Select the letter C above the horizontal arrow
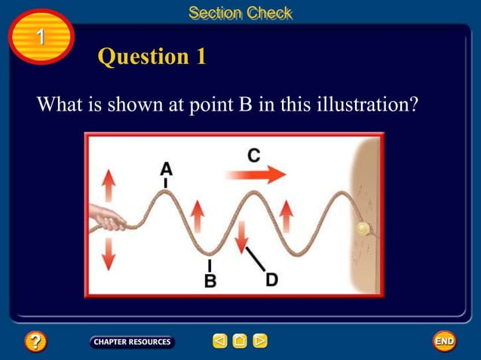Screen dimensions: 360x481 click(x=254, y=156)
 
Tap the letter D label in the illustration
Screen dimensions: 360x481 click(x=271, y=279)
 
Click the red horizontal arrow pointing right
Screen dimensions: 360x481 click(x=256, y=175)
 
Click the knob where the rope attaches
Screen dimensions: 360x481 click(x=363, y=228)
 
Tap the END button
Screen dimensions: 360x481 click(x=444, y=341)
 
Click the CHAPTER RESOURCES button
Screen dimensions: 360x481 click(x=132, y=342)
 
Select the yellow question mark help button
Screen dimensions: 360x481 click(x=35, y=342)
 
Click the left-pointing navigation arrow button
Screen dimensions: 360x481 click(x=219, y=341)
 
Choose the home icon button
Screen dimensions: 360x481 click(x=240, y=341)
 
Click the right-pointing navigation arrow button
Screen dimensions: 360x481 click(x=260, y=341)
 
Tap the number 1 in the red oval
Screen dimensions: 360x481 click(x=41, y=37)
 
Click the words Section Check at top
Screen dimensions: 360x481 click(x=240, y=13)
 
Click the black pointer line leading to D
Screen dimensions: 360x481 click(x=256, y=258)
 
